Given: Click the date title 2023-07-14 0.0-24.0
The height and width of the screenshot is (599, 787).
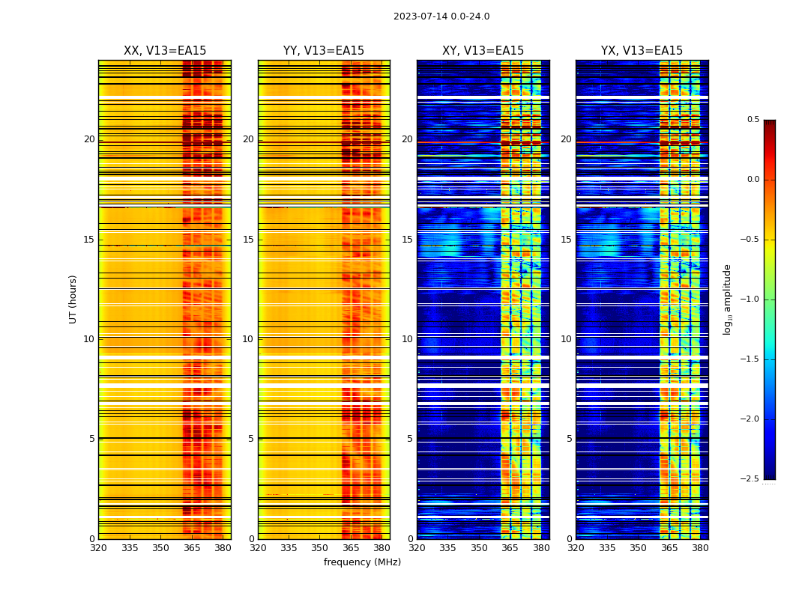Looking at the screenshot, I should click(441, 16).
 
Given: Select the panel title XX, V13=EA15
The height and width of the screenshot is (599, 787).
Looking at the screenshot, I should click(165, 51).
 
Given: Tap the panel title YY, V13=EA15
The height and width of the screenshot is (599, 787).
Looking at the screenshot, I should click(324, 51).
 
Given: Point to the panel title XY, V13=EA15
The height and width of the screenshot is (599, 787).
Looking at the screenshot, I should click(483, 51).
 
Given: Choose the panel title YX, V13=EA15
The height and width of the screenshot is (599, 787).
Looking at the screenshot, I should click(642, 51).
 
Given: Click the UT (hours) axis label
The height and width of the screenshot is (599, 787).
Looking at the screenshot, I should click(73, 299).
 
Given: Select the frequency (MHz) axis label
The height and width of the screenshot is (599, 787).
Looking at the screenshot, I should click(362, 562).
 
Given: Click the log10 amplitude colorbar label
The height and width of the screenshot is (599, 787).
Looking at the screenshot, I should click(727, 299).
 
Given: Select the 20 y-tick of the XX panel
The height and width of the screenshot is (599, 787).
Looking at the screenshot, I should click(89, 139).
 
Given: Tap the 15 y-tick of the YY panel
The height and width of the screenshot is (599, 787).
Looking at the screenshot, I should click(248, 240).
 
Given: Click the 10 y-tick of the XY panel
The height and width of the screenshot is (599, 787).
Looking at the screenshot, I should click(407, 339).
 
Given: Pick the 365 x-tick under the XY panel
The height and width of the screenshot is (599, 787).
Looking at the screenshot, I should click(510, 548).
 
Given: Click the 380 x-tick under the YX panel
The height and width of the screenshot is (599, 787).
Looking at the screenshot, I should click(700, 548).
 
